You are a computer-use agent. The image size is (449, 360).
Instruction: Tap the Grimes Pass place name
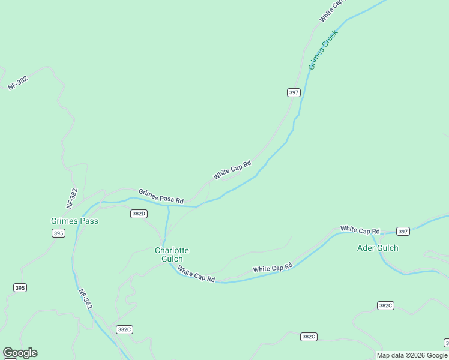pyautogui.click(x=74, y=221)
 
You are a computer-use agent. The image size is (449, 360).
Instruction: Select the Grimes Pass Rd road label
pyautogui.click(x=161, y=196)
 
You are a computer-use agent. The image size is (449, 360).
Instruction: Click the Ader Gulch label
pyautogui.click(x=378, y=248)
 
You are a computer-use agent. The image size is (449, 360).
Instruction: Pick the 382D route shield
pyautogui.click(x=139, y=214)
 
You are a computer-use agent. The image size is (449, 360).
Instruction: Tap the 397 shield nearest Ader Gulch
pyautogui.click(x=403, y=231)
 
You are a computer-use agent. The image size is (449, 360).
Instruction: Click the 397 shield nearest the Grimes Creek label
pyautogui.click(x=293, y=92)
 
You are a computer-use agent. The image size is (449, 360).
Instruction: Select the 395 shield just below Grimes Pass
pyautogui.click(x=58, y=233)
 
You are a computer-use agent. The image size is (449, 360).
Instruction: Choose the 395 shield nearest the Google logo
pyautogui.click(x=20, y=288)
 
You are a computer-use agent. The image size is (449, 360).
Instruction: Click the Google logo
pyautogui.click(x=20, y=353)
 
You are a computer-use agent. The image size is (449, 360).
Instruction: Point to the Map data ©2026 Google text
pyautogui.click(x=412, y=355)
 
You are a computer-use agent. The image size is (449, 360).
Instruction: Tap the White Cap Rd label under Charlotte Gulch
pyautogui.click(x=196, y=275)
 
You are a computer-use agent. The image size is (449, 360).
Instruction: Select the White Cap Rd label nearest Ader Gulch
pyautogui.click(x=360, y=230)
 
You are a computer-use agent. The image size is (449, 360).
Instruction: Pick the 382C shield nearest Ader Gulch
pyautogui.click(x=385, y=305)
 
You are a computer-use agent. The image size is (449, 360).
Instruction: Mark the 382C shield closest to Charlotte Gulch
pyautogui.click(x=124, y=329)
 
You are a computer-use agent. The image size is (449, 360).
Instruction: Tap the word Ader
pyautogui.click(x=366, y=248)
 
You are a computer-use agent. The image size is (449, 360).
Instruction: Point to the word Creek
pyautogui.click(x=330, y=38)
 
